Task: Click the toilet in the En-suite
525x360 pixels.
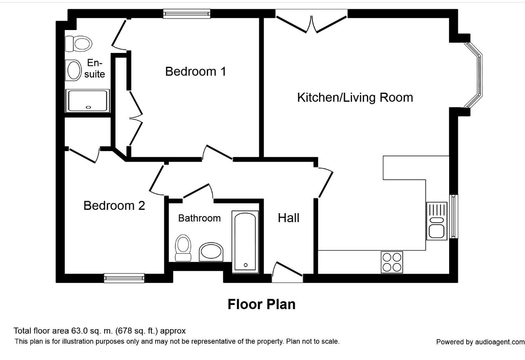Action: coord(78,43)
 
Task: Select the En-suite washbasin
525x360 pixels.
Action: coord(74,70)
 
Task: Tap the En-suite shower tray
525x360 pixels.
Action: coord(88,101)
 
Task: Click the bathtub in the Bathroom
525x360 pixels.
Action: coord(245,242)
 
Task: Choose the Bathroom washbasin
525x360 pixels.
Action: coord(211,252)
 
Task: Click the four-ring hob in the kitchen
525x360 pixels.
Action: coord(392,262)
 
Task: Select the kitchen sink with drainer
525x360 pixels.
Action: coord(436,221)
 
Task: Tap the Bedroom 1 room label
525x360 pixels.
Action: coord(195,71)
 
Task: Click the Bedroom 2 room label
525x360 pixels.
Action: coord(114,206)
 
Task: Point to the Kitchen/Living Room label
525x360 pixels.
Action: coord(354,98)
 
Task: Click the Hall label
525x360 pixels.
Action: coord(289,218)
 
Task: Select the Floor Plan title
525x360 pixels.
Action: coord(261,304)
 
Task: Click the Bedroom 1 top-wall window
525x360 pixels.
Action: coord(186,14)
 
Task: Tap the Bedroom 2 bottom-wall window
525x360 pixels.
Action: coord(124,278)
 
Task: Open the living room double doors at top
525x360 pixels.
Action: coord(311,23)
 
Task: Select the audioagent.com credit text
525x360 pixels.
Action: coord(480,342)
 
